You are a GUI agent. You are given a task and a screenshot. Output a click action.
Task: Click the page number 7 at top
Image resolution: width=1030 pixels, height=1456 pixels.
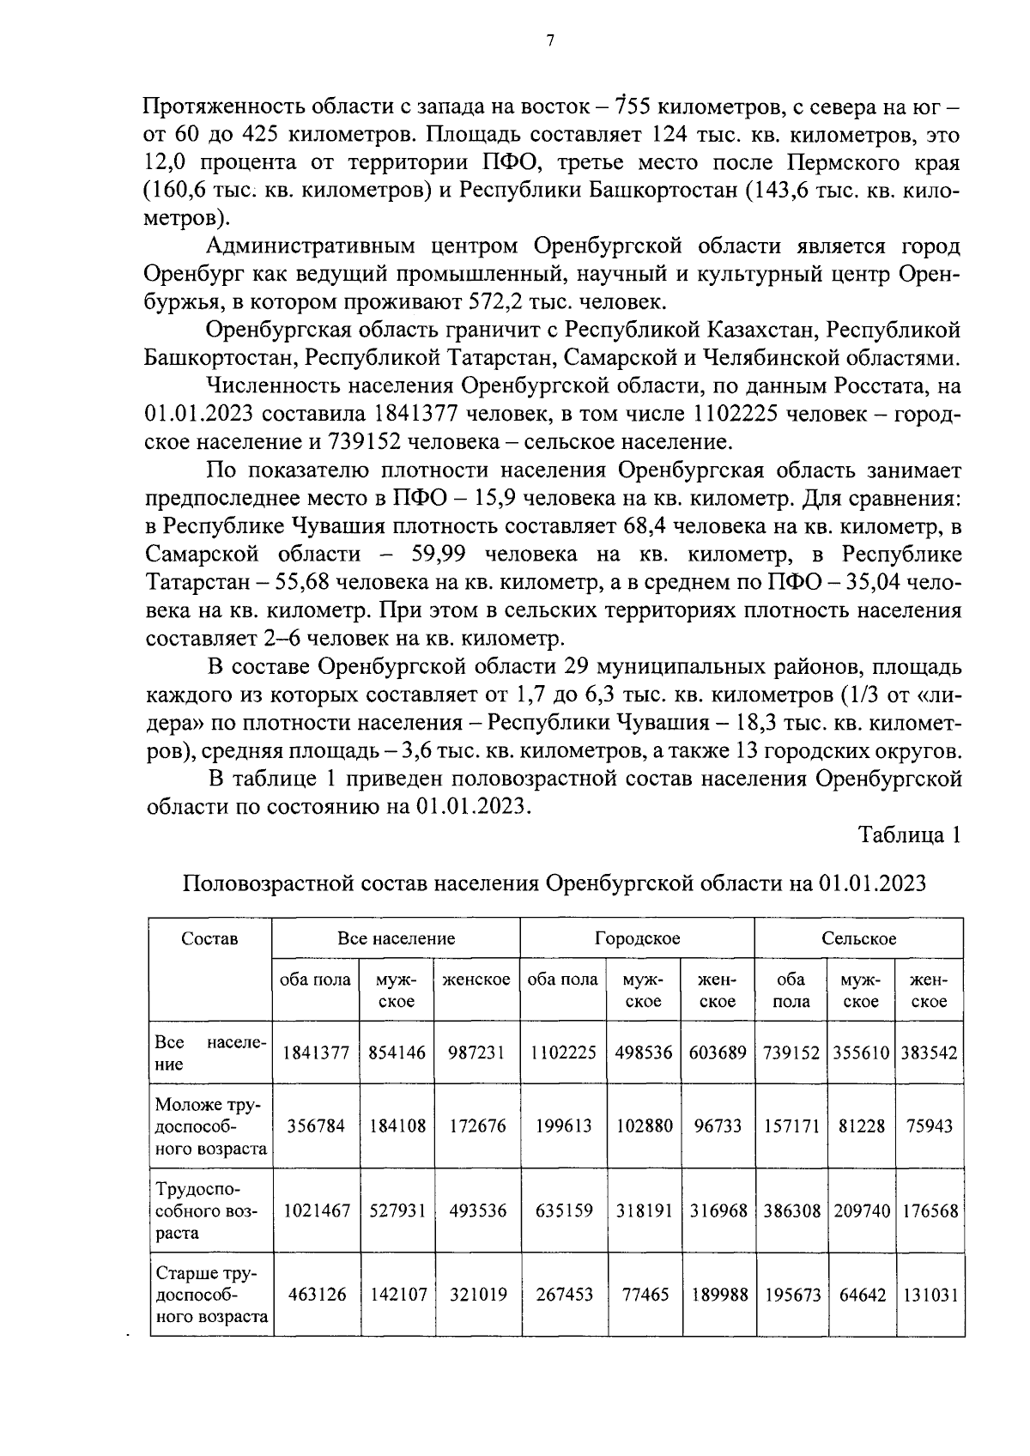pyautogui.click(x=550, y=39)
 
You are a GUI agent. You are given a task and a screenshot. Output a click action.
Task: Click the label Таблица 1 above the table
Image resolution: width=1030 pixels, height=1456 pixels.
pyautogui.click(x=910, y=834)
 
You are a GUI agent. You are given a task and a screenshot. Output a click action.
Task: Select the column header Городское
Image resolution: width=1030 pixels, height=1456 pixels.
pyautogui.click(x=637, y=938)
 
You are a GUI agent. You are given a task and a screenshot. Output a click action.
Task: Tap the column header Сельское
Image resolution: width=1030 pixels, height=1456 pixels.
pyautogui.click(x=858, y=938)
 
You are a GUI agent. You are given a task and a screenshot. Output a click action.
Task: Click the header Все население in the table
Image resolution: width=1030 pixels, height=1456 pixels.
pyautogui.click(x=396, y=938)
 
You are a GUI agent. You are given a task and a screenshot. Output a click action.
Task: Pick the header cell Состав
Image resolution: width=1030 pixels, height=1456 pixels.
pyautogui.click(x=209, y=938)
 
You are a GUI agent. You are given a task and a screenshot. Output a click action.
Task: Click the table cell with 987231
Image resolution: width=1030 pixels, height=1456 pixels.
pyautogui.click(x=476, y=1053)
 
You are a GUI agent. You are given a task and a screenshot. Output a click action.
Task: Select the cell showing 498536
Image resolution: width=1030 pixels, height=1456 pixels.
pyautogui.click(x=643, y=1053)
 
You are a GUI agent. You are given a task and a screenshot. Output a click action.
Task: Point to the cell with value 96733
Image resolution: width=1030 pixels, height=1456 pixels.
pyautogui.click(x=718, y=1125)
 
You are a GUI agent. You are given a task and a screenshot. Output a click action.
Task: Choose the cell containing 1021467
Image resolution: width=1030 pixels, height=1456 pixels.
pyautogui.click(x=316, y=1210)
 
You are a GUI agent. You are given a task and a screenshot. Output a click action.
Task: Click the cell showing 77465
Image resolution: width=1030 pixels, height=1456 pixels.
pyautogui.click(x=644, y=1295)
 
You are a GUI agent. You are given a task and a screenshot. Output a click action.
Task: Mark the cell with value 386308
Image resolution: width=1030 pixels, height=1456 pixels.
pyautogui.click(x=791, y=1210)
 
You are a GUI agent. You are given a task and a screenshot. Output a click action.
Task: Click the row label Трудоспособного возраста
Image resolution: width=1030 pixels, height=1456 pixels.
pyautogui.click(x=206, y=1210)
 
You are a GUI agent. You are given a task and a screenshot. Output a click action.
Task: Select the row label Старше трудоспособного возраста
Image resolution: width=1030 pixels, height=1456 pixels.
pyautogui.click(x=209, y=1295)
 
